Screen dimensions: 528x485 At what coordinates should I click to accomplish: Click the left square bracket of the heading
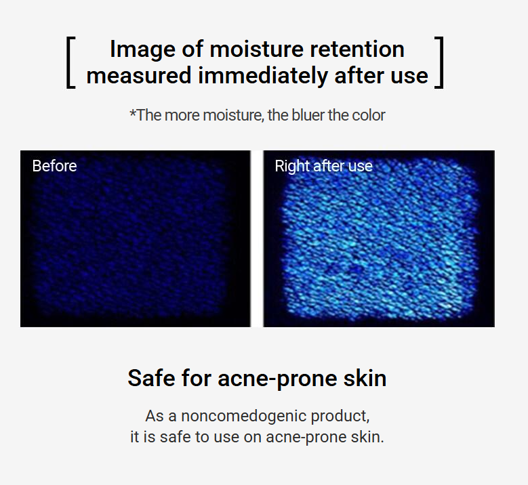point(68,62)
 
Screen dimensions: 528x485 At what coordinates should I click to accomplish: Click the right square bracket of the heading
point(441,62)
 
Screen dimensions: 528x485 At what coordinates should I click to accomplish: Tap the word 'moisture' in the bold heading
point(256,49)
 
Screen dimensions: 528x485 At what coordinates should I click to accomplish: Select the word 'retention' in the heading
point(357,49)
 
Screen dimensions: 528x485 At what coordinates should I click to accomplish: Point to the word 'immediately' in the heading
point(263,76)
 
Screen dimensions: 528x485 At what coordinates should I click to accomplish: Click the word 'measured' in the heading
point(139,75)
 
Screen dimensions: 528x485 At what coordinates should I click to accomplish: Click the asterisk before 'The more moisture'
point(133,112)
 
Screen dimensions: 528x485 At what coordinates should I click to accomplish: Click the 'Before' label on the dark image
point(54,166)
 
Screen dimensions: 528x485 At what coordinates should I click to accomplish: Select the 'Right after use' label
point(323,166)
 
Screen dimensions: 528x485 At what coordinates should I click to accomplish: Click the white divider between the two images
point(257,238)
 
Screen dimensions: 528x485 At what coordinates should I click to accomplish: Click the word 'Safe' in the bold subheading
point(151,378)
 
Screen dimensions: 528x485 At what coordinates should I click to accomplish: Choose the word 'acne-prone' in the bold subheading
point(277,379)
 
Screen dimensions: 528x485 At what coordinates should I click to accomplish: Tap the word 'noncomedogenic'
point(243,417)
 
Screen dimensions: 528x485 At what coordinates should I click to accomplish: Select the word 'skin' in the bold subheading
point(365,378)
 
